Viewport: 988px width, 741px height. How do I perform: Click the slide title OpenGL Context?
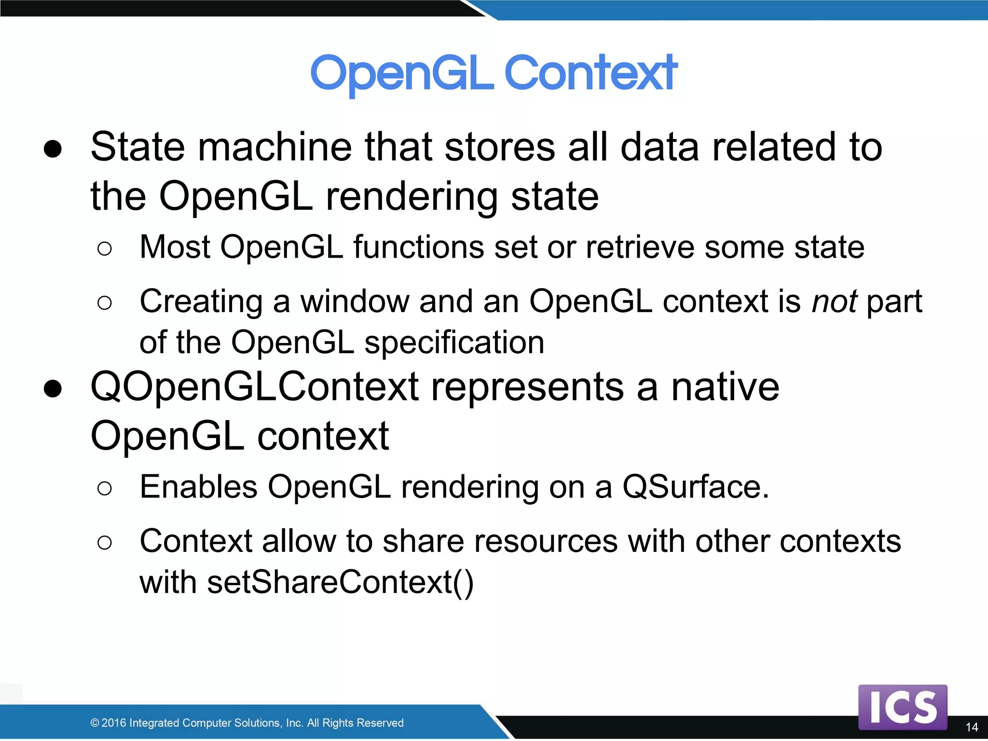[494, 73]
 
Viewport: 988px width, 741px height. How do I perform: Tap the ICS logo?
[903, 707]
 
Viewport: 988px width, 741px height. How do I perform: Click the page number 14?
[972, 727]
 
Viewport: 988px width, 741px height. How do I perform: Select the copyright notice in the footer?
[247, 723]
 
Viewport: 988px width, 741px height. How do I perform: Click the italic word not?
[834, 302]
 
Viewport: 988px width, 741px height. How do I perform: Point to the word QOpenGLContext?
[254, 387]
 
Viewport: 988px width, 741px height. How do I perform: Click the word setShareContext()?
[341, 582]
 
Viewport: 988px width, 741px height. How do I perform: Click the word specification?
[454, 343]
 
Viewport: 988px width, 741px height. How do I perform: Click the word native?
[725, 387]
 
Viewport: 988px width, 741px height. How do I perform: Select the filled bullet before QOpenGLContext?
[53, 388]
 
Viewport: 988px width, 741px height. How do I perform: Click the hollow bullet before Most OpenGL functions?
[104, 249]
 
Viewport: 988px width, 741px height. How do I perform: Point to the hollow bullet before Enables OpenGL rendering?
[104, 488]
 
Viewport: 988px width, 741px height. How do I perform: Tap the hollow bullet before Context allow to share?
[104, 543]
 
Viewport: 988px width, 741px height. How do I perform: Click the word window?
[355, 302]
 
